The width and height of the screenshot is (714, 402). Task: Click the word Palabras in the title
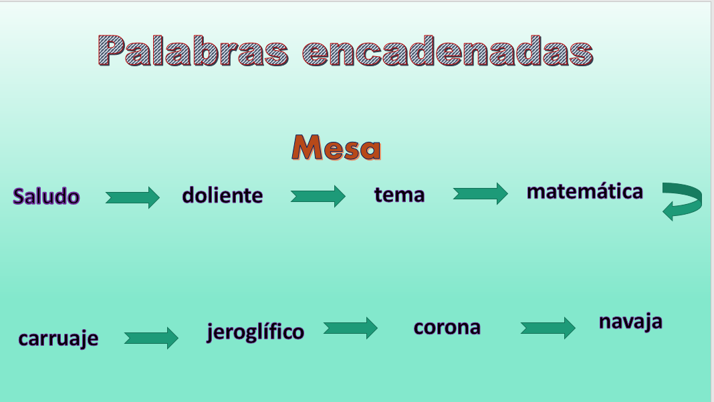193,51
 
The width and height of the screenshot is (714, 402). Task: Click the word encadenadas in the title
448,51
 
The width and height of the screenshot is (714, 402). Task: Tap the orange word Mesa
336,147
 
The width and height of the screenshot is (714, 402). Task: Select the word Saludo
46,196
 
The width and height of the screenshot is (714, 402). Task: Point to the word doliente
222,195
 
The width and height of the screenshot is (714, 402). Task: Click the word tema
399,195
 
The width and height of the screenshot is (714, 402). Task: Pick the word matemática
585,191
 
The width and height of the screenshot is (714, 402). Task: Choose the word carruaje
58,338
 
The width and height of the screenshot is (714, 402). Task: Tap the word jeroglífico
255,332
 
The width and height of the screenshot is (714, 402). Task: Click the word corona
447,327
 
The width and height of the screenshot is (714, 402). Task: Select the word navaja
630,322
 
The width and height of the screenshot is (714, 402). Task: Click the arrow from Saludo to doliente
132,197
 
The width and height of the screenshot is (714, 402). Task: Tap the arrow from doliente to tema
318,196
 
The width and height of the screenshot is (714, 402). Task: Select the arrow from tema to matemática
481,193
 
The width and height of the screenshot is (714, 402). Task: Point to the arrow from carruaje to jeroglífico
151,338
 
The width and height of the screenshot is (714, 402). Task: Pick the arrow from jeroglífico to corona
350,328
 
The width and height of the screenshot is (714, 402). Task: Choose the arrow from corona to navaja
548,328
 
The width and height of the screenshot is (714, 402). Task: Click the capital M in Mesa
308,147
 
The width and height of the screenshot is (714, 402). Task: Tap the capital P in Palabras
112,50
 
